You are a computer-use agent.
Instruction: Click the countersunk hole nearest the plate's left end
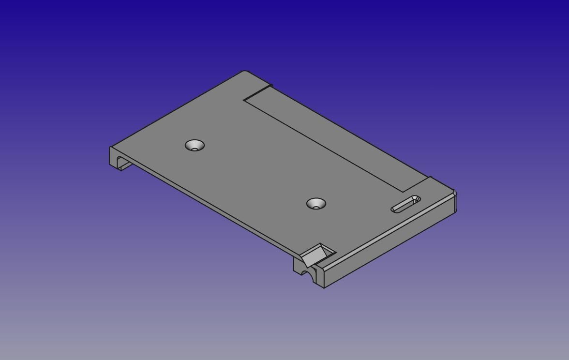(195, 145)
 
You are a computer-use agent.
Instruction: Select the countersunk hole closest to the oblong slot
(316, 204)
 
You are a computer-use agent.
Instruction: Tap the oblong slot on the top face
(405, 204)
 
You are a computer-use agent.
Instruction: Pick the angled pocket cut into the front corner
(318, 254)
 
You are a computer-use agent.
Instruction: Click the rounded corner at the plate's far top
(245, 72)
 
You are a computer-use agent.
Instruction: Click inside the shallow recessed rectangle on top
(334, 140)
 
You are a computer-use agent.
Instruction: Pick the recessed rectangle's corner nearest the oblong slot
(403, 192)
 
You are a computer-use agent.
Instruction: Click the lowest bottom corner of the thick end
(324, 287)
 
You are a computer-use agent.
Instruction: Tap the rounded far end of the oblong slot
(415, 198)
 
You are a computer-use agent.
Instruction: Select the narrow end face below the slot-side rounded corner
(455, 203)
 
